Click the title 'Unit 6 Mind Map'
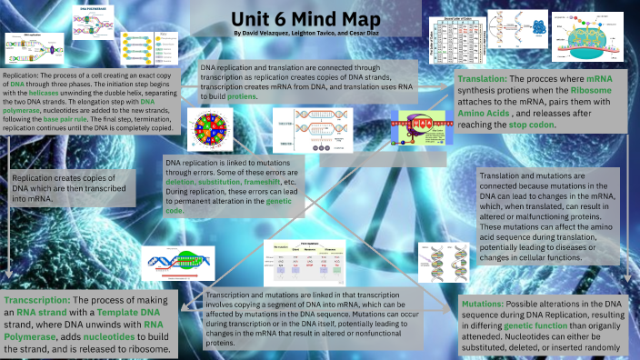(319, 17)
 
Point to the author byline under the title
(319, 34)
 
